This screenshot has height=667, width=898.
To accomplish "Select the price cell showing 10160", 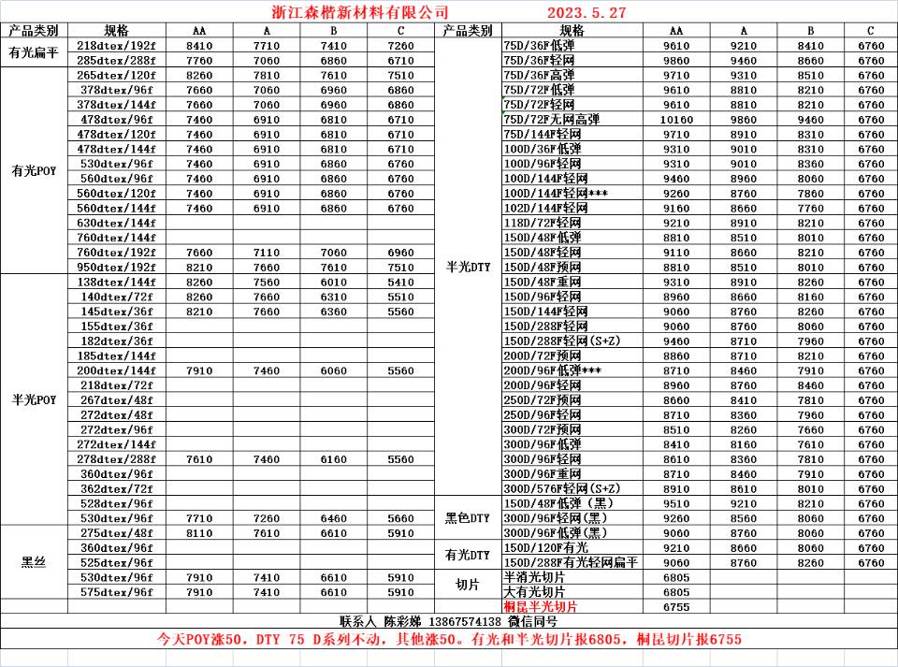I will [676, 119].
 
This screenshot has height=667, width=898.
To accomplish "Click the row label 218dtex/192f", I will [116, 45].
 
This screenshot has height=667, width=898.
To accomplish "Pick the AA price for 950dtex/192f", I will [199, 267].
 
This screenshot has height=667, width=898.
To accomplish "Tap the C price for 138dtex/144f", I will [400, 282].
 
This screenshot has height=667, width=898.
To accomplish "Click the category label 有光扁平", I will [34, 52].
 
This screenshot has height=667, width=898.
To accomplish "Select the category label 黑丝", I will [34, 562].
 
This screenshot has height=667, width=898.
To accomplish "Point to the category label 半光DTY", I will [468, 267].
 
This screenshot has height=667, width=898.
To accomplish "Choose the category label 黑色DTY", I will [468, 517].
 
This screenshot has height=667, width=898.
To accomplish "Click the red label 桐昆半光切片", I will [541, 606].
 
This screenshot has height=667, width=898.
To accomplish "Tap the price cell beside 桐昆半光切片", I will [676, 606].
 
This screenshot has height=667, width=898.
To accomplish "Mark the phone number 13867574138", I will [465, 621].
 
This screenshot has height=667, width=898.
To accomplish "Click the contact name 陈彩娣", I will [404, 621].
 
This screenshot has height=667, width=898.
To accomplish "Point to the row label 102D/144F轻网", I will [546, 208].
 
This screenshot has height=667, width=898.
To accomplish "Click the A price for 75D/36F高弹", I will [744, 75].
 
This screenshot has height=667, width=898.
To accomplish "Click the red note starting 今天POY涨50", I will [448, 640].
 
